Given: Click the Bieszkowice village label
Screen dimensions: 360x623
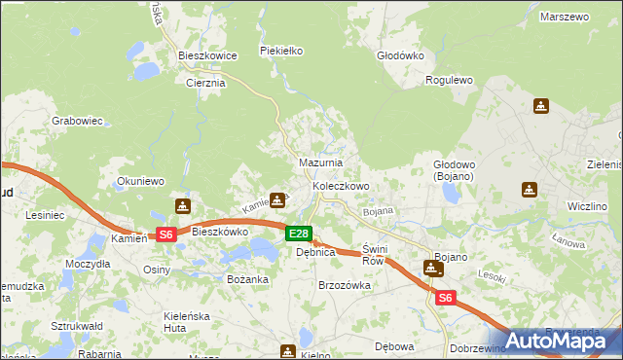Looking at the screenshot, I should tap(208, 56).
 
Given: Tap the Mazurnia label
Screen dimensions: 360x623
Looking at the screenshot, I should tap(319, 162).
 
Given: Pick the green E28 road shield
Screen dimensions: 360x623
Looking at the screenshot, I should tap(299, 234).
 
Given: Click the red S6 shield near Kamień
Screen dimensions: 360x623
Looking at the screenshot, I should tap(165, 234).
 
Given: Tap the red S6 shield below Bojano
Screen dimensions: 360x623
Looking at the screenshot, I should tap(445, 298).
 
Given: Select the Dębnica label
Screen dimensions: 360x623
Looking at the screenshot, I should tap(315, 252).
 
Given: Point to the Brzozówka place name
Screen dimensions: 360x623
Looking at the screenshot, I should tap(346, 286).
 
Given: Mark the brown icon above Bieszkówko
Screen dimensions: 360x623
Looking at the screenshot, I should tap(182, 206).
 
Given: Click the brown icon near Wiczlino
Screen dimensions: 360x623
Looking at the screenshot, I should tap(530, 190).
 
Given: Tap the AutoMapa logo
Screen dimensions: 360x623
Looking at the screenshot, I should tap(556, 340).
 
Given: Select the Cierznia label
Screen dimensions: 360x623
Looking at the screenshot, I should tap(205, 84).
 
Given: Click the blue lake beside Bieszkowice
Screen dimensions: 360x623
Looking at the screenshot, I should tap(147, 71).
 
